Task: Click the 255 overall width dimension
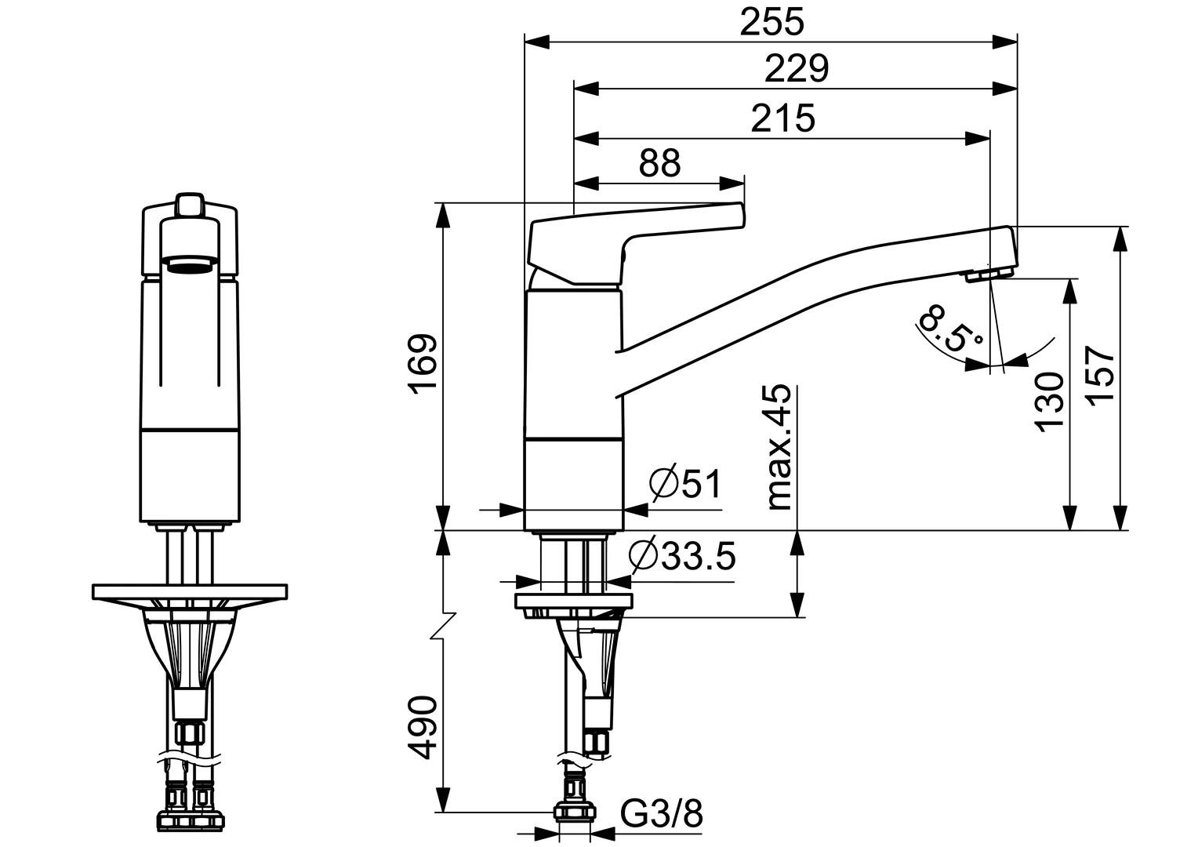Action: coord(772,23)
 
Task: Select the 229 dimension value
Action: coord(796,69)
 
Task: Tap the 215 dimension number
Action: coord(782,118)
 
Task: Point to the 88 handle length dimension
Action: coord(659,164)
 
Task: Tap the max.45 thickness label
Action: coord(779,448)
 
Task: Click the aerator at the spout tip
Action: coord(989,274)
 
